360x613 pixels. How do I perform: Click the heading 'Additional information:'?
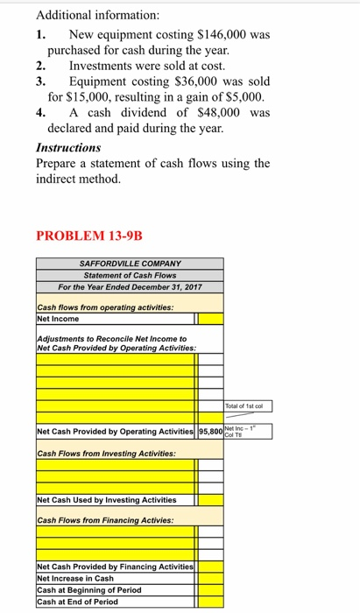(86, 15)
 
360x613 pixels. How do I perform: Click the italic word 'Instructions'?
(68, 148)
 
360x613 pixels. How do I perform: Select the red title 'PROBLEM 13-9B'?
(88, 236)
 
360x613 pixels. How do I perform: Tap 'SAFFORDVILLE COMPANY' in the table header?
(130, 263)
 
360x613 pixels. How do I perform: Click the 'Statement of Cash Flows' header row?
(130, 275)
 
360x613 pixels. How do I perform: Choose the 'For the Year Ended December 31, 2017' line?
(130, 286)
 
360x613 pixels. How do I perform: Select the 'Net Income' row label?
(59, 318)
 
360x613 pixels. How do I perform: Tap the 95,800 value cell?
(211, 432)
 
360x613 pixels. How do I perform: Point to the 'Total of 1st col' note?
(249, 406)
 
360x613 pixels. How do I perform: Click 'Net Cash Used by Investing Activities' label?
(107, 500)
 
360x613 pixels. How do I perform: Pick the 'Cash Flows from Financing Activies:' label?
(105, 520)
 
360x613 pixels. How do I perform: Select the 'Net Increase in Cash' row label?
(75, 579)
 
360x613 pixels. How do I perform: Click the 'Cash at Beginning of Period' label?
(89, 590)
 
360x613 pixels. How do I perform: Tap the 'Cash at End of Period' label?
(77, 602)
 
